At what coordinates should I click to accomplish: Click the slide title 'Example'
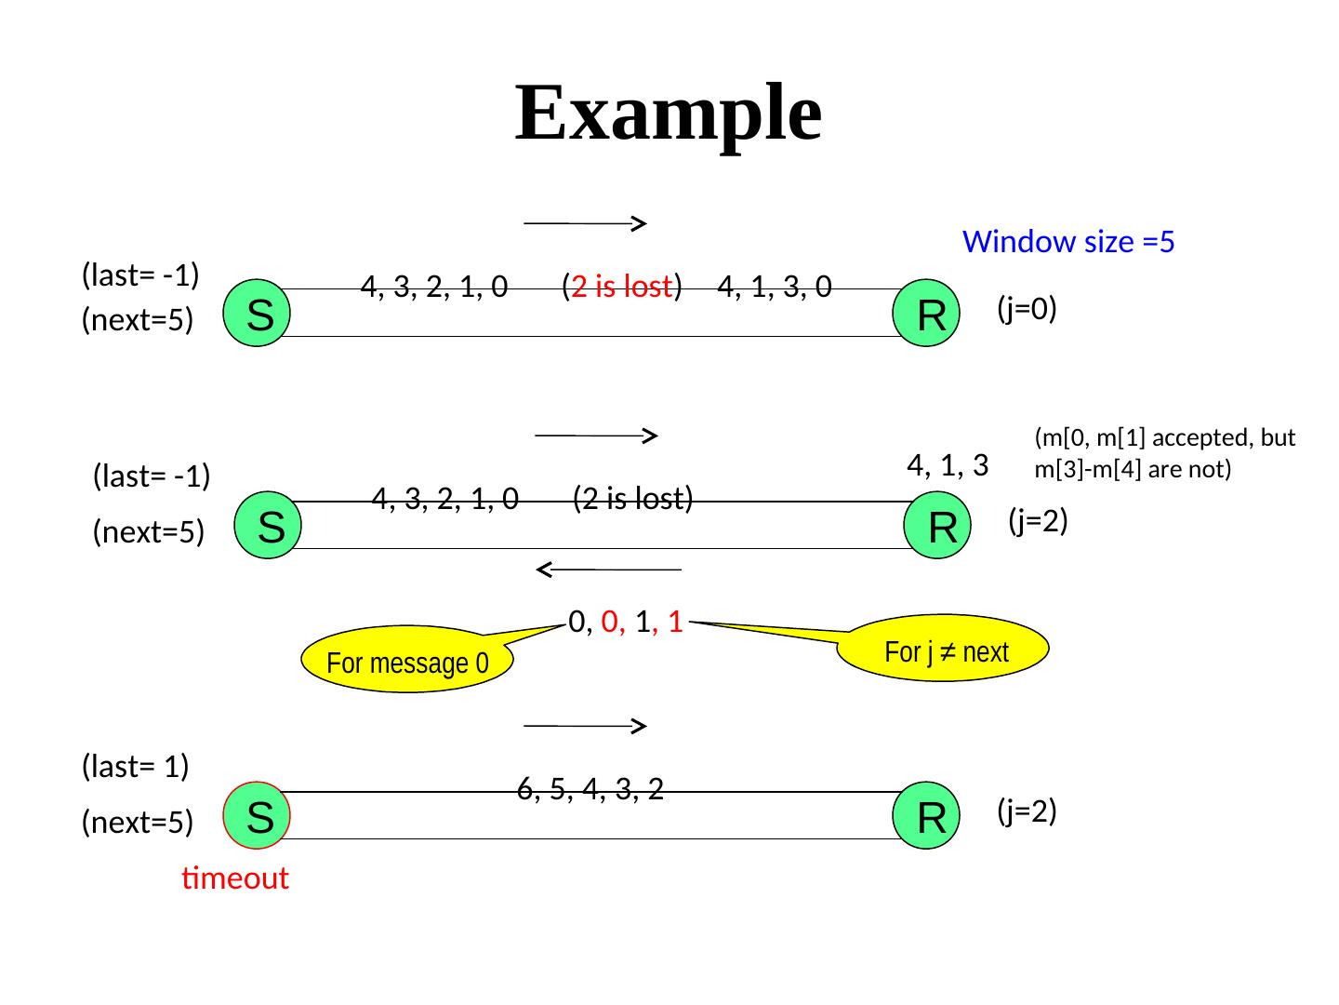(668, 114)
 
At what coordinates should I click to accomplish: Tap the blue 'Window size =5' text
(1068, 243)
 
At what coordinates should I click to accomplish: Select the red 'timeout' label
(235, 878)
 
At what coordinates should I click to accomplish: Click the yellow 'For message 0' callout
(408, 663)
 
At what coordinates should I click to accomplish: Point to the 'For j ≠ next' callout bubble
(945, 651)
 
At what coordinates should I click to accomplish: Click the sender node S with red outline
(259, 816)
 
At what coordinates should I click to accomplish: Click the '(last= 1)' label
(136, 767)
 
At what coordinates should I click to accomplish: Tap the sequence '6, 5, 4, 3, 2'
(590, 790)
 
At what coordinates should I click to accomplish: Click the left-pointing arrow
(609, 569)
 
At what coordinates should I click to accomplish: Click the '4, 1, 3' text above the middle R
(947, 463)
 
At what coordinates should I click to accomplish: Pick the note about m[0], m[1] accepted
(1164, 453)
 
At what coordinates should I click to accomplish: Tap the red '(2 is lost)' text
(623, 286)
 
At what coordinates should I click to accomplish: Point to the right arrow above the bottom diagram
(586, 726)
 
